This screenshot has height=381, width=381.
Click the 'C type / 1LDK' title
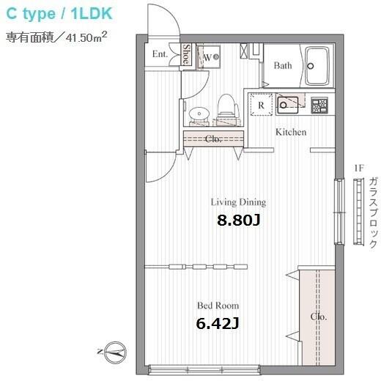point(59,14)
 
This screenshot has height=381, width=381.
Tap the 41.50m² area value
point(86,37)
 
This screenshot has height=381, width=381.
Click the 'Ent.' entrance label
point(160,53)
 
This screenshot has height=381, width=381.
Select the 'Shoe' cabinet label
point(187,54)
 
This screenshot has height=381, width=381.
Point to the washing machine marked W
point(209,57)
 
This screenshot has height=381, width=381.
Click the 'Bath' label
point(283,65)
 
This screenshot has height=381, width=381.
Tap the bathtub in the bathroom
point(317,66)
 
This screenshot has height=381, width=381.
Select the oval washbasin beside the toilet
point(199,114)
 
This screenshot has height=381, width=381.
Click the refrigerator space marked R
point(261,104)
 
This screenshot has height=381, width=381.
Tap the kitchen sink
point(287,106)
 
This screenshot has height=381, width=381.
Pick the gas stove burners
point(319,106)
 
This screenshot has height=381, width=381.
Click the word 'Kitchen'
point(291,132)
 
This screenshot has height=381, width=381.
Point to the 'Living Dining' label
point(238,202)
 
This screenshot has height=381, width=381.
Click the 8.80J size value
point(239,221)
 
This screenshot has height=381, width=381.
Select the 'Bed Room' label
point(218,306)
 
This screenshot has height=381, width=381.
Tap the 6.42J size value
point(218,324)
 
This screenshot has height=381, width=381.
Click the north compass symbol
point(115,352)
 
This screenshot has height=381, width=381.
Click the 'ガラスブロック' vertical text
point(373,213)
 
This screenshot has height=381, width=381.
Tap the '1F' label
point(359,168)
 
